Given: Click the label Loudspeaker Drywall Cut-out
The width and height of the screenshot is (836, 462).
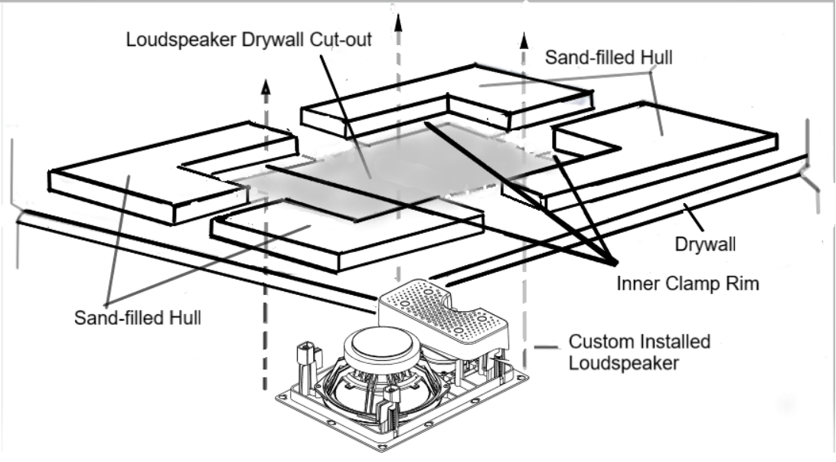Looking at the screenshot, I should click(x=249, y=39).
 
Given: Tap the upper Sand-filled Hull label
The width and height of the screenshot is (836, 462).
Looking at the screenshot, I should click(x=609, y=58).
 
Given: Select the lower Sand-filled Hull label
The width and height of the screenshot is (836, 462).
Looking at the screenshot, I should click(x=137, y=317).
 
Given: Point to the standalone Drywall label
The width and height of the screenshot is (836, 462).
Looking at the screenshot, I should click(x=705, y=245).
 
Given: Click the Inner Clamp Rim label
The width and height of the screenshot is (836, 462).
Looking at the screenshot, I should click(x=687, y=283).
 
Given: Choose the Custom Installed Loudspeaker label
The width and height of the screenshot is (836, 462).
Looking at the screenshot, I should click(x=638, y=352).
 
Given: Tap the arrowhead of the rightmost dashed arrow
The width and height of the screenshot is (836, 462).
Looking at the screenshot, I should click(x=524, y=40).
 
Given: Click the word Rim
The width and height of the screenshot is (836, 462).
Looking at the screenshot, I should click(x=743, y=283).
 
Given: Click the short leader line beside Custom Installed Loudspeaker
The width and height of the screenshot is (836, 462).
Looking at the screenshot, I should click(x=546, y=349).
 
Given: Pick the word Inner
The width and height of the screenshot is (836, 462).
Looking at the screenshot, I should click(x=637, y=283).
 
